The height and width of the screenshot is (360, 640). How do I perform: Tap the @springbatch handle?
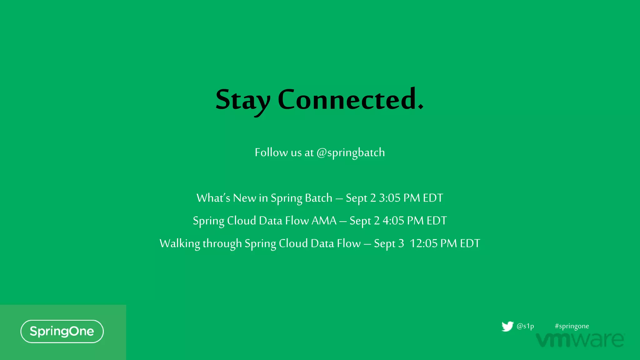pos(351,153)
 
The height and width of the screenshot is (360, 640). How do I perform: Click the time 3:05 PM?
pos(399,198)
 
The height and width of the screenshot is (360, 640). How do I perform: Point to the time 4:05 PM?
pos(403,221)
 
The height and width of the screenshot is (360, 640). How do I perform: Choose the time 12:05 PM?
pos(433,243)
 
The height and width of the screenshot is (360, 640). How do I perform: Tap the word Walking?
pos(180,244)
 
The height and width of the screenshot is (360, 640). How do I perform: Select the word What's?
pos(213,198)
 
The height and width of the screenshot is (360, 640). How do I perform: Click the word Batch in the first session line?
pos(318,198)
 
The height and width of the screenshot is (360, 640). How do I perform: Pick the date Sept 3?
pos(389,244)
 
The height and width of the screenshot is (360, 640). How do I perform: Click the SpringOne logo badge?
pos(62,331)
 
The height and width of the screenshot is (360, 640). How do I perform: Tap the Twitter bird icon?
pos(507,326)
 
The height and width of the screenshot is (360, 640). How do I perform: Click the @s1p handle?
pos(525,326)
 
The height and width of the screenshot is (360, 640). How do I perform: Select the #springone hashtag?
pos(572,326)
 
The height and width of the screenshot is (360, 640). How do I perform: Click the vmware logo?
pos(580,340)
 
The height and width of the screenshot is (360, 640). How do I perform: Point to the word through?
pos(222,244)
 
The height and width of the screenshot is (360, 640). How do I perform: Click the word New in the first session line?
pos(244,198)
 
